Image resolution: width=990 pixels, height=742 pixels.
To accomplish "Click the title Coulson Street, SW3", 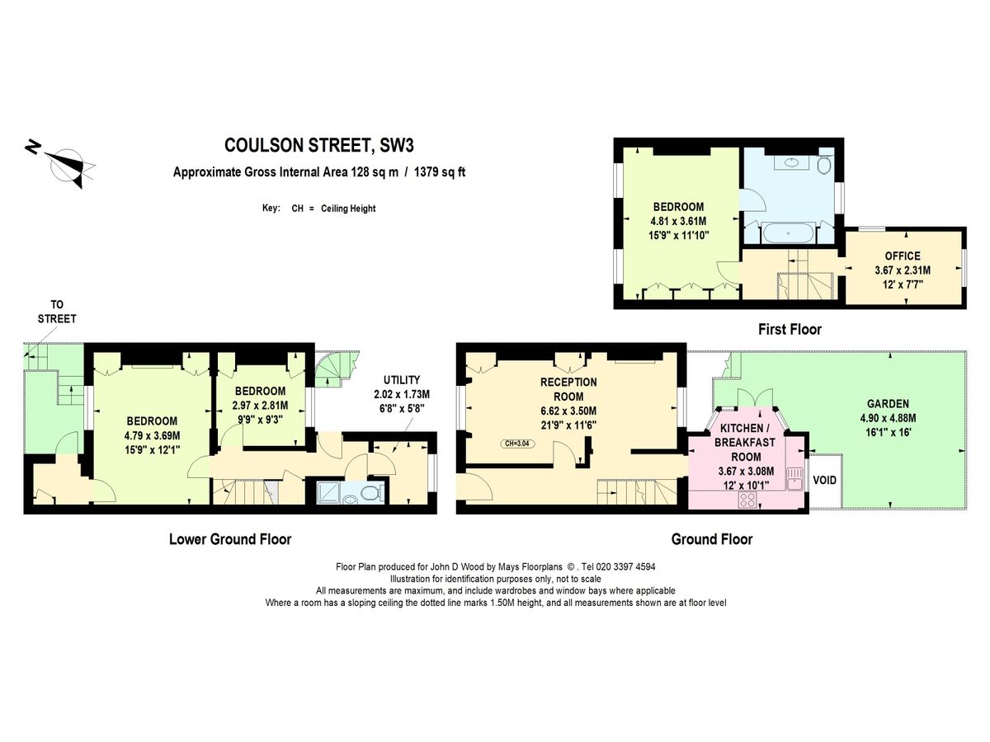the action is (319, 146).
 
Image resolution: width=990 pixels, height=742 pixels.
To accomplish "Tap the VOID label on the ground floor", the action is (824, 481).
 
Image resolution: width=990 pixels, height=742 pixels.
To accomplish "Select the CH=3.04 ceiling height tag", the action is (517, 444).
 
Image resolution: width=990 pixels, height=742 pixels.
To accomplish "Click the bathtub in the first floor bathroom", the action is (788, 233).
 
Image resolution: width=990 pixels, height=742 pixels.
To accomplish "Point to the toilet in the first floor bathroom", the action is (825, 165).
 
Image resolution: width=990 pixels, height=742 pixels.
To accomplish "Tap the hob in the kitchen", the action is (747, 500).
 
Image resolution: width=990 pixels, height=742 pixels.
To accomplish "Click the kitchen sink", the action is (794, 479).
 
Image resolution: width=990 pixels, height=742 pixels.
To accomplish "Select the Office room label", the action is (903, 256).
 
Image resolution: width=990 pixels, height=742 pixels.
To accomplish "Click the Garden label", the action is (888, 404).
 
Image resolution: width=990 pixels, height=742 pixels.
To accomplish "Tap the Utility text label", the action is (402, 380).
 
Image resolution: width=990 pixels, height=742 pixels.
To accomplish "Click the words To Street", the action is (57, 312).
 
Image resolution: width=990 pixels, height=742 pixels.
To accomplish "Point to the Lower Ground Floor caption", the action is (230, 539).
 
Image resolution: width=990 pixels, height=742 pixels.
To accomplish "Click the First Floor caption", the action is (790, 329).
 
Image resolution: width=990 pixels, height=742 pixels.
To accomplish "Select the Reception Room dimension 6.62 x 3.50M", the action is (568, 411).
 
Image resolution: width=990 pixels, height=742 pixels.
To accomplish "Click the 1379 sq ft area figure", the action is (440, 172).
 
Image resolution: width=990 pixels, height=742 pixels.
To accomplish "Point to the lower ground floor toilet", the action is (373, 492).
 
